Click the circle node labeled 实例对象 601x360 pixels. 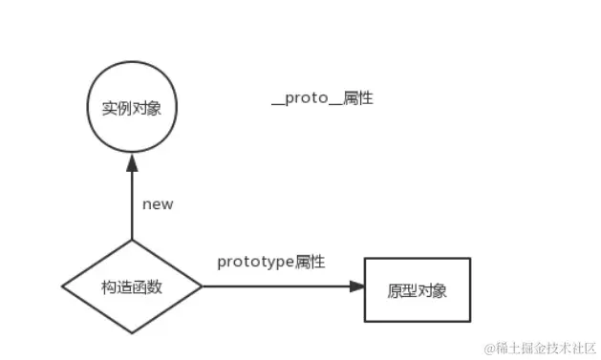coord(130,108)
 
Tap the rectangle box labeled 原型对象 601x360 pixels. coord(418,289)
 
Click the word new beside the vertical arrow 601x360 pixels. coord(157,204)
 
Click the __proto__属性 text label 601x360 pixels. coord(321,98)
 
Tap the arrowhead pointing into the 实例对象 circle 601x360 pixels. coord(132,163)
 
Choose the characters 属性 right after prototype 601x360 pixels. coord(311,262)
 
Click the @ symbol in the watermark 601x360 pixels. coord(488,345)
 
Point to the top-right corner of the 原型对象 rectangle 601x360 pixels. coord(470,258)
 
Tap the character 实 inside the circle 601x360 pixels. coord(108,108)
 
